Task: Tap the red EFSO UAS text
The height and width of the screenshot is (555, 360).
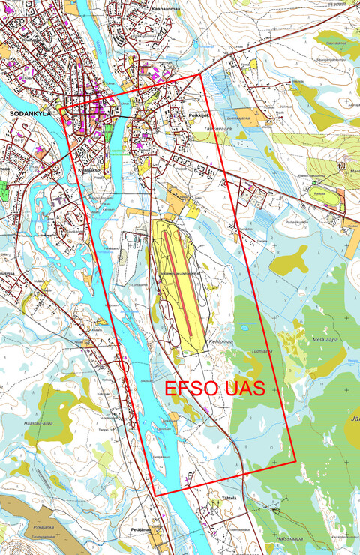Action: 214,391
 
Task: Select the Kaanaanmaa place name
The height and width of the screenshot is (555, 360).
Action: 165,9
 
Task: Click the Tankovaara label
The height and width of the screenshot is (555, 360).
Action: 217,129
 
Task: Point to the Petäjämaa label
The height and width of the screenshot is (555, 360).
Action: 142,529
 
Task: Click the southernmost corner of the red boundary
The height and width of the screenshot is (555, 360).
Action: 155,496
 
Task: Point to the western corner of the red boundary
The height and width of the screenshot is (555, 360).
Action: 60,109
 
